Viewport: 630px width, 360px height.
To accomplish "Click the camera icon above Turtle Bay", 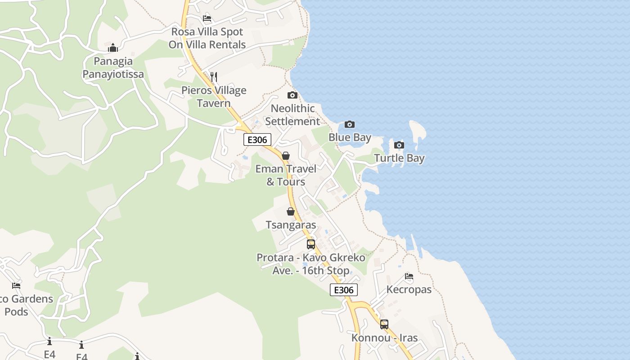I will pos(399,145).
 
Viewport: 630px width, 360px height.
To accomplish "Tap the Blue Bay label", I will pos(350,137).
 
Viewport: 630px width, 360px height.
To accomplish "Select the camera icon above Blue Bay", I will pos(349,125).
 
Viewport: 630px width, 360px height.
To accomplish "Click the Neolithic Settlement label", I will pos(292,115).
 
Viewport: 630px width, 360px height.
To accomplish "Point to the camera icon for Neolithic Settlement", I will pos(292,95).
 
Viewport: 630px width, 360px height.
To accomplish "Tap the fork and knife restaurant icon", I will pos(214,77).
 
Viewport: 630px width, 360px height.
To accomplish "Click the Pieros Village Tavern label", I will pos(214,97).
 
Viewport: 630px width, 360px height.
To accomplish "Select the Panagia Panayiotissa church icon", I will pos(113,48).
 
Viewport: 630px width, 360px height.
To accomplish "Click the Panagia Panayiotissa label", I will pos(113,67).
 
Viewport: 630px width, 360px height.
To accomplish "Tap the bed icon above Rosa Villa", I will pos(207,18).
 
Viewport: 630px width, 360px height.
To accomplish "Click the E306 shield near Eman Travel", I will pos(257,139).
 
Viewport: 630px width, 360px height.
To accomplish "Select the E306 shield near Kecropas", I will pos(344,290).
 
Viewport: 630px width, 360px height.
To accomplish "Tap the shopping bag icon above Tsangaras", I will pos(291,211).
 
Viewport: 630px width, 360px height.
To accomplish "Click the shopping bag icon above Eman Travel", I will pos(285,156).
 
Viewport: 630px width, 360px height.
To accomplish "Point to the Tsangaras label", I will pos(291,225).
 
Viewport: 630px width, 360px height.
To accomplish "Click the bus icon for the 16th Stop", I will pos(310,244).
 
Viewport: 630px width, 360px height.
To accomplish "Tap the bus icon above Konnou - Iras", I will pos(384,324).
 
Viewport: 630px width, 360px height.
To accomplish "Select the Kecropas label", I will pos(409,289).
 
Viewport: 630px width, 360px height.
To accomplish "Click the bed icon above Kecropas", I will pos(409,276).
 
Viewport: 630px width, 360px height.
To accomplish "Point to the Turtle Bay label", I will pos(399,158).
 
